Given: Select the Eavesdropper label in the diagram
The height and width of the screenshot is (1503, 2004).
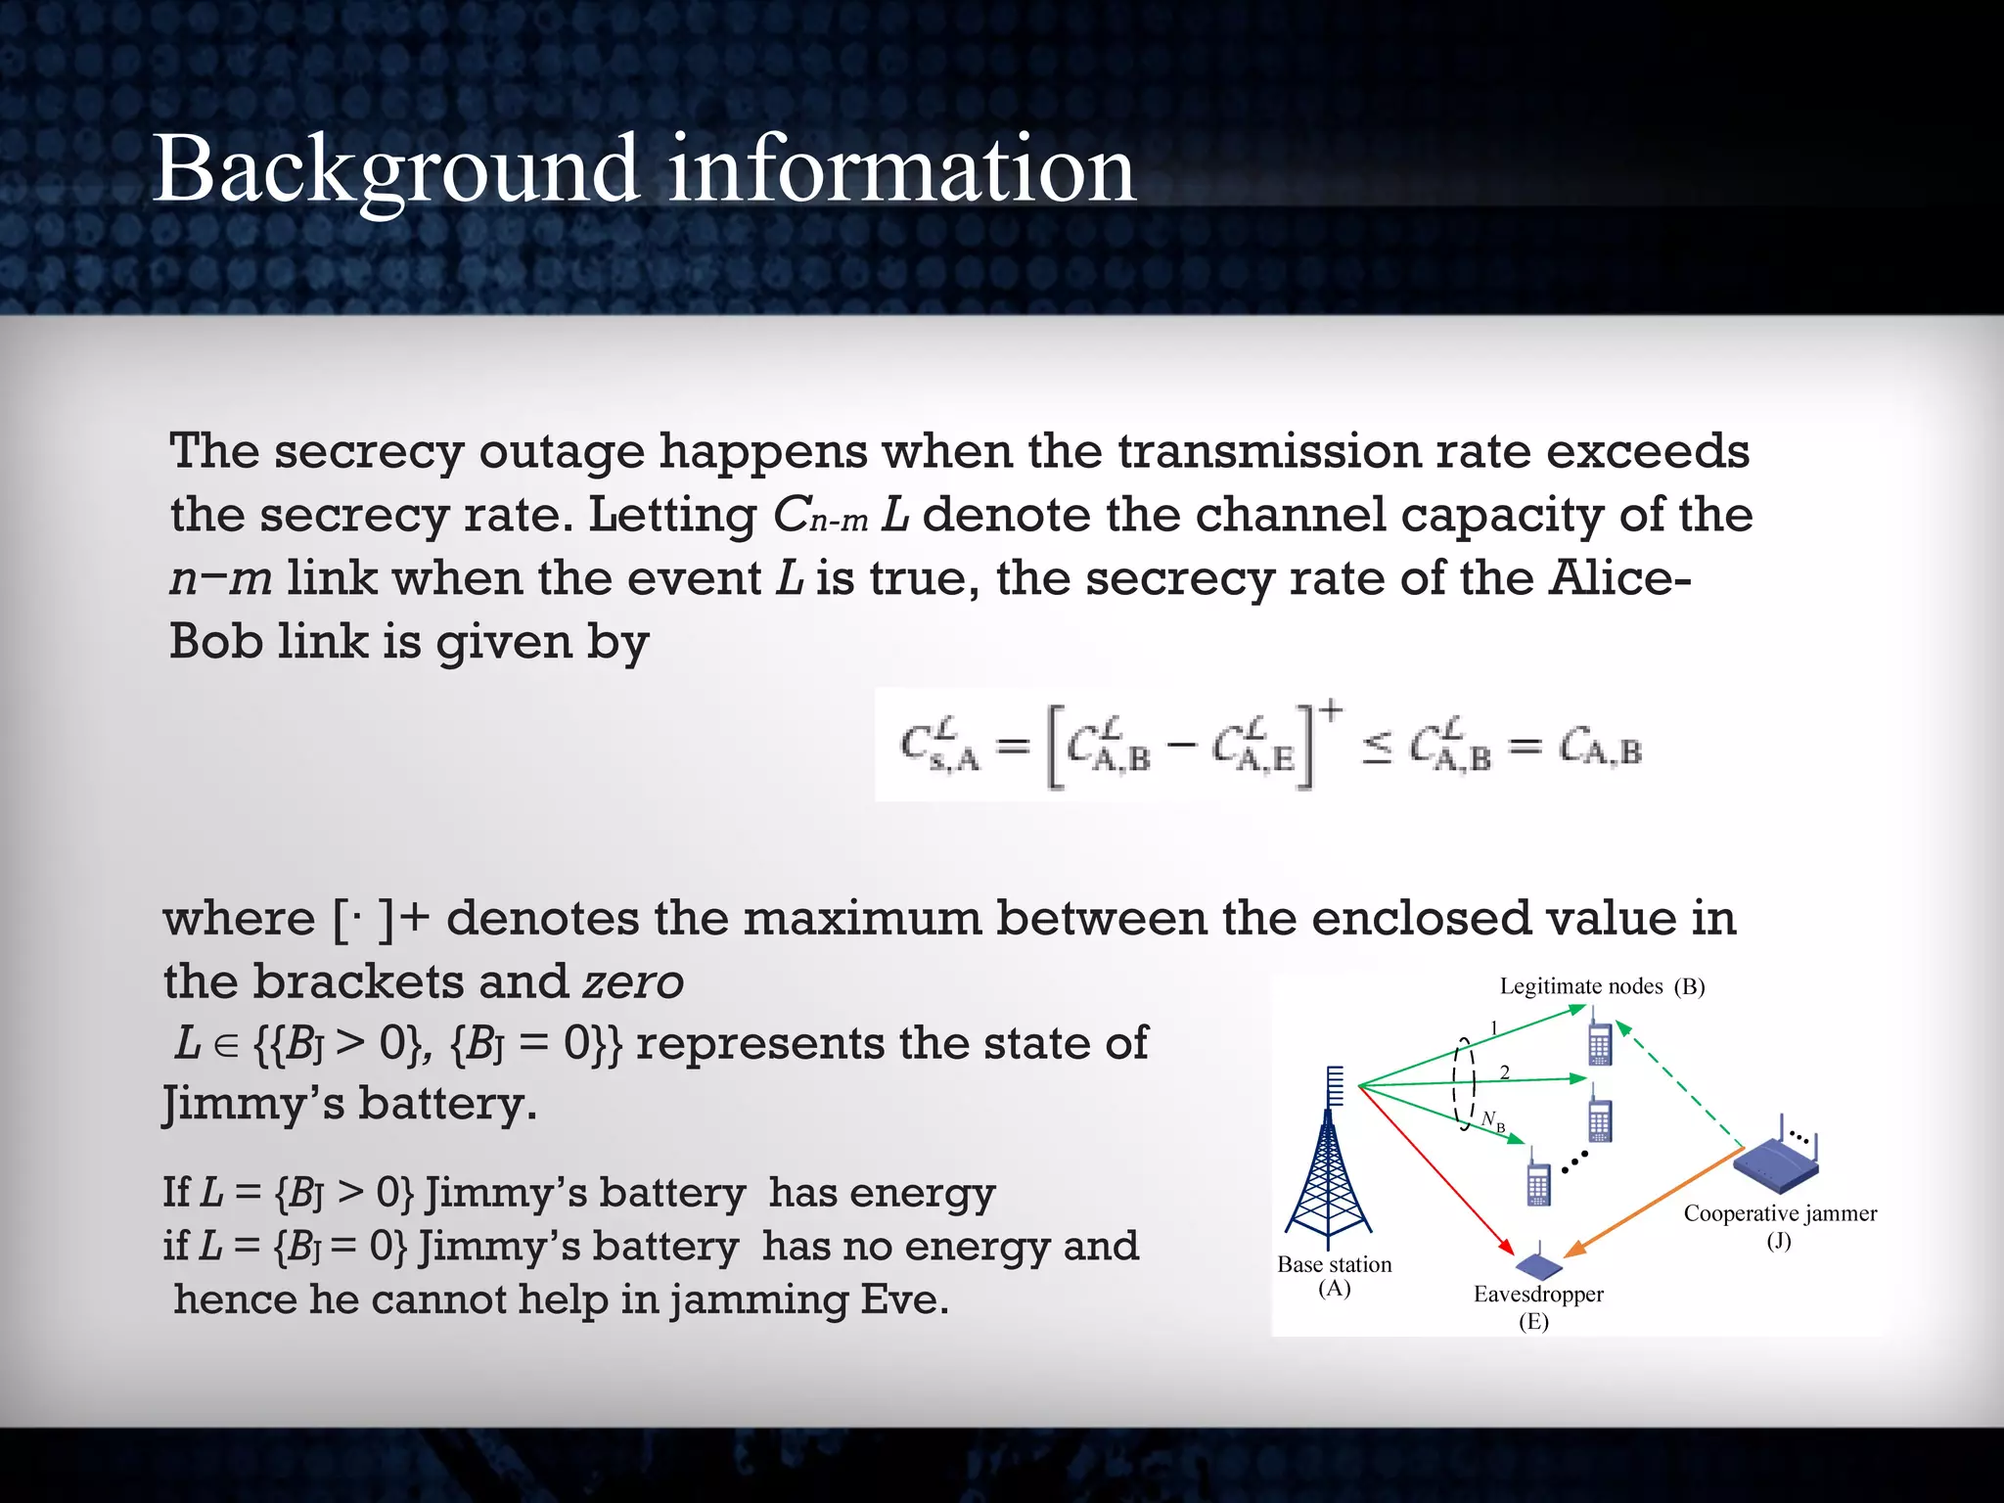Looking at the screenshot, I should point(1538,1294).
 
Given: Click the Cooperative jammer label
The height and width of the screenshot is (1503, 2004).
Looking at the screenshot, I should point(1780,1213).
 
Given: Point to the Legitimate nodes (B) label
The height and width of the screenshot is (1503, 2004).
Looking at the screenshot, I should point(1602,985).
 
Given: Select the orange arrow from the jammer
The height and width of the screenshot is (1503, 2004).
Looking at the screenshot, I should point(1654,1204).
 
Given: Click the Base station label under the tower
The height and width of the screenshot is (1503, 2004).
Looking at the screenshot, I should point(1334,1264).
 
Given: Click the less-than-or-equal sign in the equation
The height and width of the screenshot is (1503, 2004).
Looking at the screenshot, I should point(1376,751).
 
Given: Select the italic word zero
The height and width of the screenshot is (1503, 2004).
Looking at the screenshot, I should point(633,981).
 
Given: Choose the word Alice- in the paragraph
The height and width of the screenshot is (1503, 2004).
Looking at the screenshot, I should point(1619,578).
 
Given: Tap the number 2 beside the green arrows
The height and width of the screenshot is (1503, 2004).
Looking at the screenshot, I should point(1505,1072).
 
